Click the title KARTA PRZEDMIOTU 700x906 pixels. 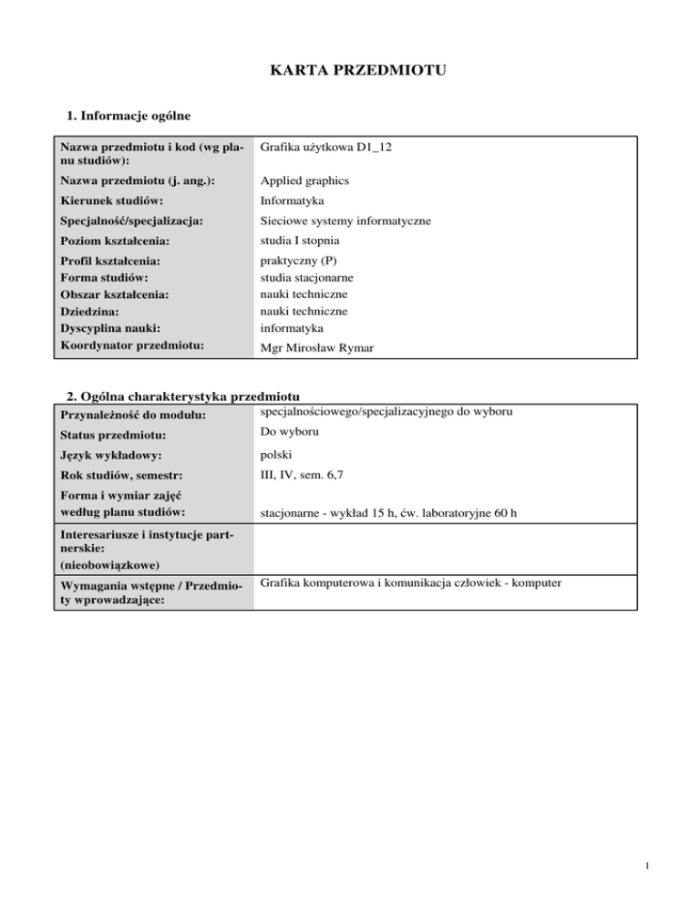pyautogui.click(x=349, y=69)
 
